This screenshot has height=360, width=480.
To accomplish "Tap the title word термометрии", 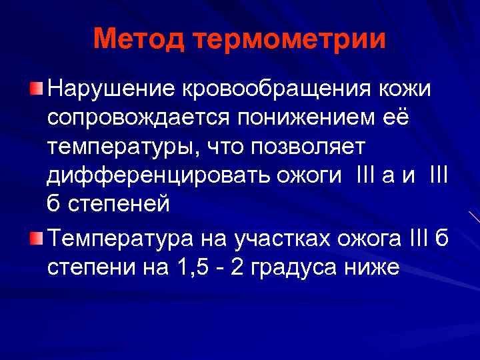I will pyautogui.click(x=291, y=39).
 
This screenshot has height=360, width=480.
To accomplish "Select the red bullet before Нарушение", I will pyautogui.click(x=37, y=89).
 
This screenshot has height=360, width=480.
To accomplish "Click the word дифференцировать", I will pyautogui.click(x=157, y=177).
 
